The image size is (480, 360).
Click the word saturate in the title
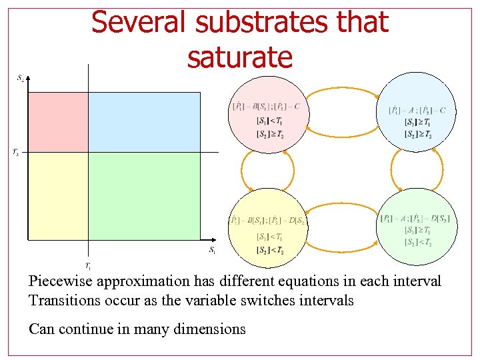pos(239,57)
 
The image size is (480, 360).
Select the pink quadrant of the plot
pos(57,122)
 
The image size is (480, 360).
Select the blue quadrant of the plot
pos(143,122)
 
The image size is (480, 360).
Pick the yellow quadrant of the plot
pos(57,195)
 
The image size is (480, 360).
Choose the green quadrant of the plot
pos(143,195)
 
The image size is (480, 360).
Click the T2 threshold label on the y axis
pos(15,153)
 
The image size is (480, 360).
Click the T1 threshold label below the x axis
pos(88,265)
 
